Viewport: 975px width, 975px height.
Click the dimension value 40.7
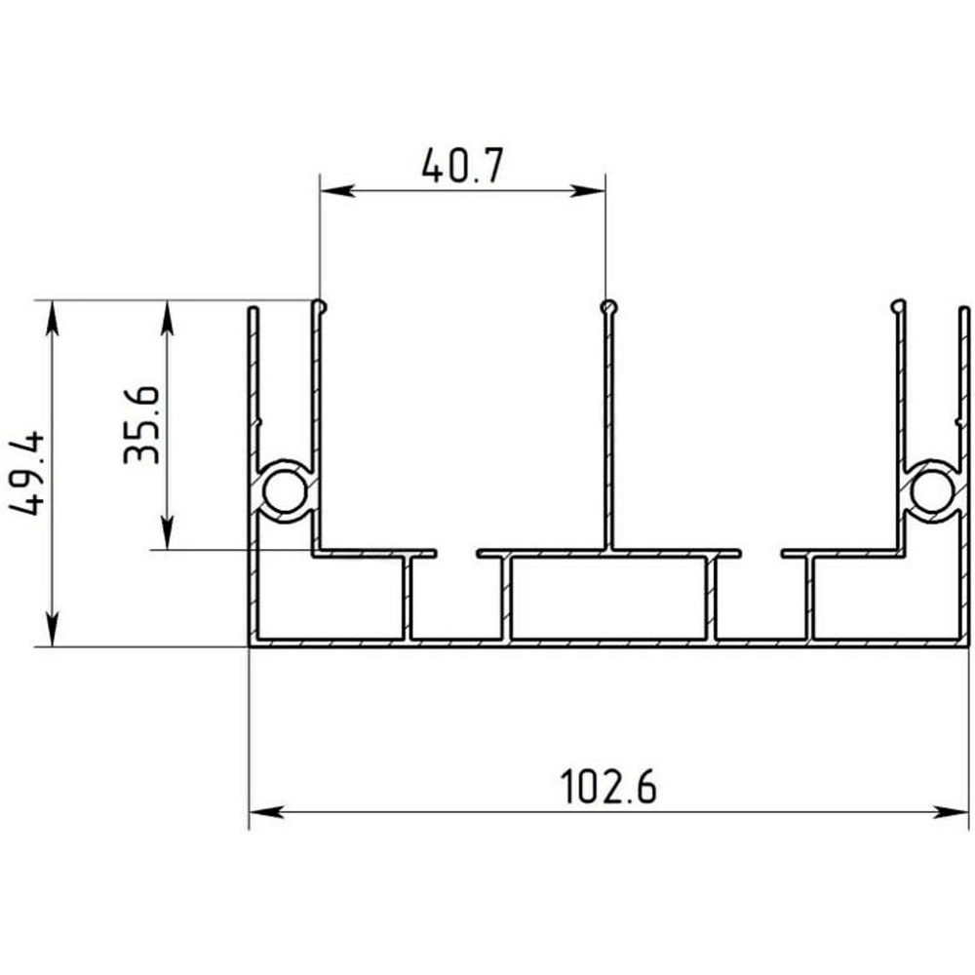tap(461, 166)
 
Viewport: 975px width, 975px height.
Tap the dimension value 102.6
tap(608, 786)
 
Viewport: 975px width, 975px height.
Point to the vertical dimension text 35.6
tap(141, 425)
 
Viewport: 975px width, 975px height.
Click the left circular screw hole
tap(285, 491)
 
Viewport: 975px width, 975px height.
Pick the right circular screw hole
tap(932, 491)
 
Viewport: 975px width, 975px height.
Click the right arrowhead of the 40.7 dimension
tap(588, 190)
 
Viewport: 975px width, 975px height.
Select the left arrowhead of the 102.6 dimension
tap(267, 811)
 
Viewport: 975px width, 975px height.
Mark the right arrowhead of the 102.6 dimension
tap(952, 811)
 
